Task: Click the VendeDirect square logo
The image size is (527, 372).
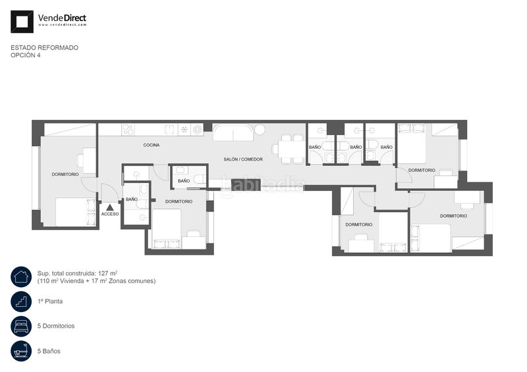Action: [22, 22]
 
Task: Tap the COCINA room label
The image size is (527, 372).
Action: [152, 145]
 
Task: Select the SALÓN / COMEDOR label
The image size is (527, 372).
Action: [243, 159]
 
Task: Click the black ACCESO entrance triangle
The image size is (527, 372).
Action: [109, 207]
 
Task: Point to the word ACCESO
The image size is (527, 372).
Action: [110, 214]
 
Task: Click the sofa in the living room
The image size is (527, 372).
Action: [233, 132]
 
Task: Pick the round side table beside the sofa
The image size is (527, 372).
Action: [259, 129]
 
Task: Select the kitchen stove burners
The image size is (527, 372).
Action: [128, 130]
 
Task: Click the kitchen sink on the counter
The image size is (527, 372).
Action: [171, 130]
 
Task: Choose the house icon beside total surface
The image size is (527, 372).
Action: [21, 277]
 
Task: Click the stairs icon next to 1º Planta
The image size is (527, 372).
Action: [21, 302]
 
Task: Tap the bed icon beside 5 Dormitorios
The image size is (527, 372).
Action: [21, 326]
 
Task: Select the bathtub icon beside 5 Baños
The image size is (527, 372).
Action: [21, 351]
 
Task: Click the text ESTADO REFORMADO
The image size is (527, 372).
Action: [44, 47]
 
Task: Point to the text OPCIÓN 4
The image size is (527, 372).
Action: [26, 55]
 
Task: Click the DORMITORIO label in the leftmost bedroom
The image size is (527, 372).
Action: [65, 174]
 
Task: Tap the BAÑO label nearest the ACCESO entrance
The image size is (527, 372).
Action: [132, 199]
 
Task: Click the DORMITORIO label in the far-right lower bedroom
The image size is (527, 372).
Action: [453, 216]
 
